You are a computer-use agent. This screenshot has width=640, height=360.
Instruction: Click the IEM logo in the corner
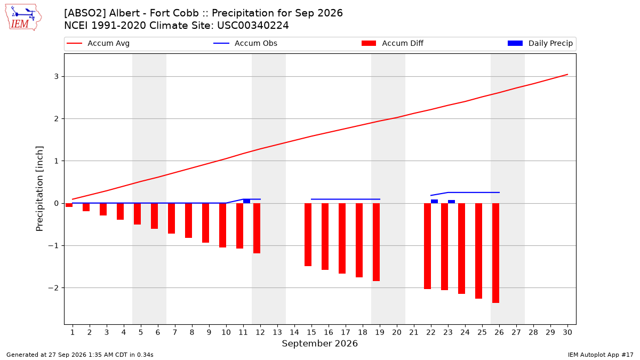23,18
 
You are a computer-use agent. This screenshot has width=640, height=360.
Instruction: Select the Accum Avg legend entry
98,43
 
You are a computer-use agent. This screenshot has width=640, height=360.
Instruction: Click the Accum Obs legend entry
245,43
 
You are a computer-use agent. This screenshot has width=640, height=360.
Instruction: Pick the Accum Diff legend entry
393,43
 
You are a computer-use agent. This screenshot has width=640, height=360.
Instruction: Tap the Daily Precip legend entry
540,43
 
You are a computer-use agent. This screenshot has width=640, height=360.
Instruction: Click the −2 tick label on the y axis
53,288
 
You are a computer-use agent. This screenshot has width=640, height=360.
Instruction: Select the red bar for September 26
495,253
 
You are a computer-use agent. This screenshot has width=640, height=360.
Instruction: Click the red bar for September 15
308,235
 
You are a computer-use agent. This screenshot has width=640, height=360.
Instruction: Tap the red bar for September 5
137,214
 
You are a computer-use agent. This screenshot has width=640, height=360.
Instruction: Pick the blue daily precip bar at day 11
246,201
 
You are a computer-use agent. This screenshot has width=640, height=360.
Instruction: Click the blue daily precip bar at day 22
434,202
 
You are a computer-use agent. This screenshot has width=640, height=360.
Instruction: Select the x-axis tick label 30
567,332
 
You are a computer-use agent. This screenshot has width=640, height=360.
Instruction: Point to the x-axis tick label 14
294,332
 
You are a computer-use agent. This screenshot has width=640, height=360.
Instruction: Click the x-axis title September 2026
319,343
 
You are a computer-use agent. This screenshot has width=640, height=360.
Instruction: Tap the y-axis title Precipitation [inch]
39,189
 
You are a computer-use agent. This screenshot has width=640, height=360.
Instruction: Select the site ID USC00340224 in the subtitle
253,26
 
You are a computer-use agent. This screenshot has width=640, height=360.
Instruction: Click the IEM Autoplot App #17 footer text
601,355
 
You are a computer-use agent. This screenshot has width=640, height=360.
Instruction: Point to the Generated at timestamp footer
79,355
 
